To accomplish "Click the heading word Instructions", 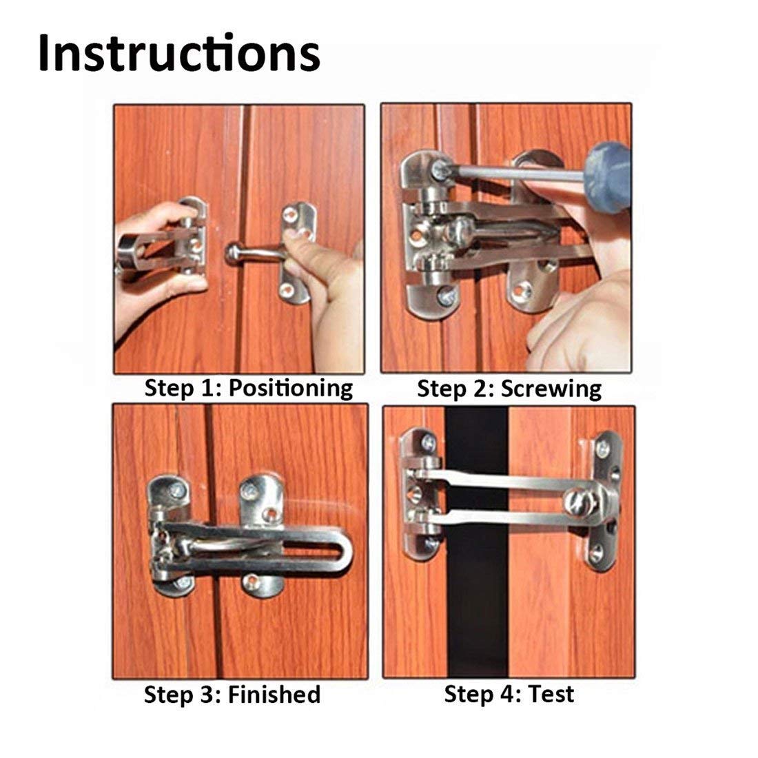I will pyautogui.click(x=178, y=53).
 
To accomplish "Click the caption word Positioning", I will pyautogui.click(x=290, y=388).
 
